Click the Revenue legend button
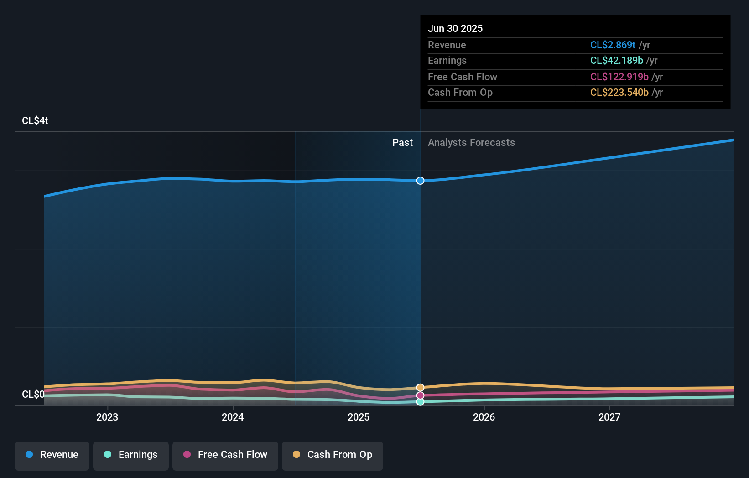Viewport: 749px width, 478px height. (x=52, y=455)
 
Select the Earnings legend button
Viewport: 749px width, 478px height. (x=131, y=455)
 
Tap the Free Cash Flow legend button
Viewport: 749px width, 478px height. (x=225, y=455)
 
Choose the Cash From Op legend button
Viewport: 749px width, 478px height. (x=333, y=455)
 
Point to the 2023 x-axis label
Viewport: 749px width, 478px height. (x=107, y=417)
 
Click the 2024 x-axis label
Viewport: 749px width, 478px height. (x=233, y=417)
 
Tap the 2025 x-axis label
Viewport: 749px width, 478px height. (x=359, y=417)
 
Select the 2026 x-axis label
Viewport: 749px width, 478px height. (x=484, y=417)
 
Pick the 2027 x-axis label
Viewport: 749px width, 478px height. (x=609, y=417)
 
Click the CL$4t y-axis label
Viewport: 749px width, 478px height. (x=35, y=121)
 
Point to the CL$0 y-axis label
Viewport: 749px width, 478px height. (x=33, y=395)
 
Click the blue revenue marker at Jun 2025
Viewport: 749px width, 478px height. (x=420, y=181)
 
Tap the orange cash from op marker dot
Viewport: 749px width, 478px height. (x=420, y=388)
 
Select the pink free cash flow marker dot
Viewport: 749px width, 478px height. (x=420, y=395)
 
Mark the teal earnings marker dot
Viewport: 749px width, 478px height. (x=420, y=402)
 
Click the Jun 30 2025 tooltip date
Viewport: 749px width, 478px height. (x=455, y=29)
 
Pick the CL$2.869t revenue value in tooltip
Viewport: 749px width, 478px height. (x=613, y=45)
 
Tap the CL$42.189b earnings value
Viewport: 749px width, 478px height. (x=616, y=61)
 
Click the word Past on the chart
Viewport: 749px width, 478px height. (x=402, y=143)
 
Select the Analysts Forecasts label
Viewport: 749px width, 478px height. (x=471, y=143)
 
